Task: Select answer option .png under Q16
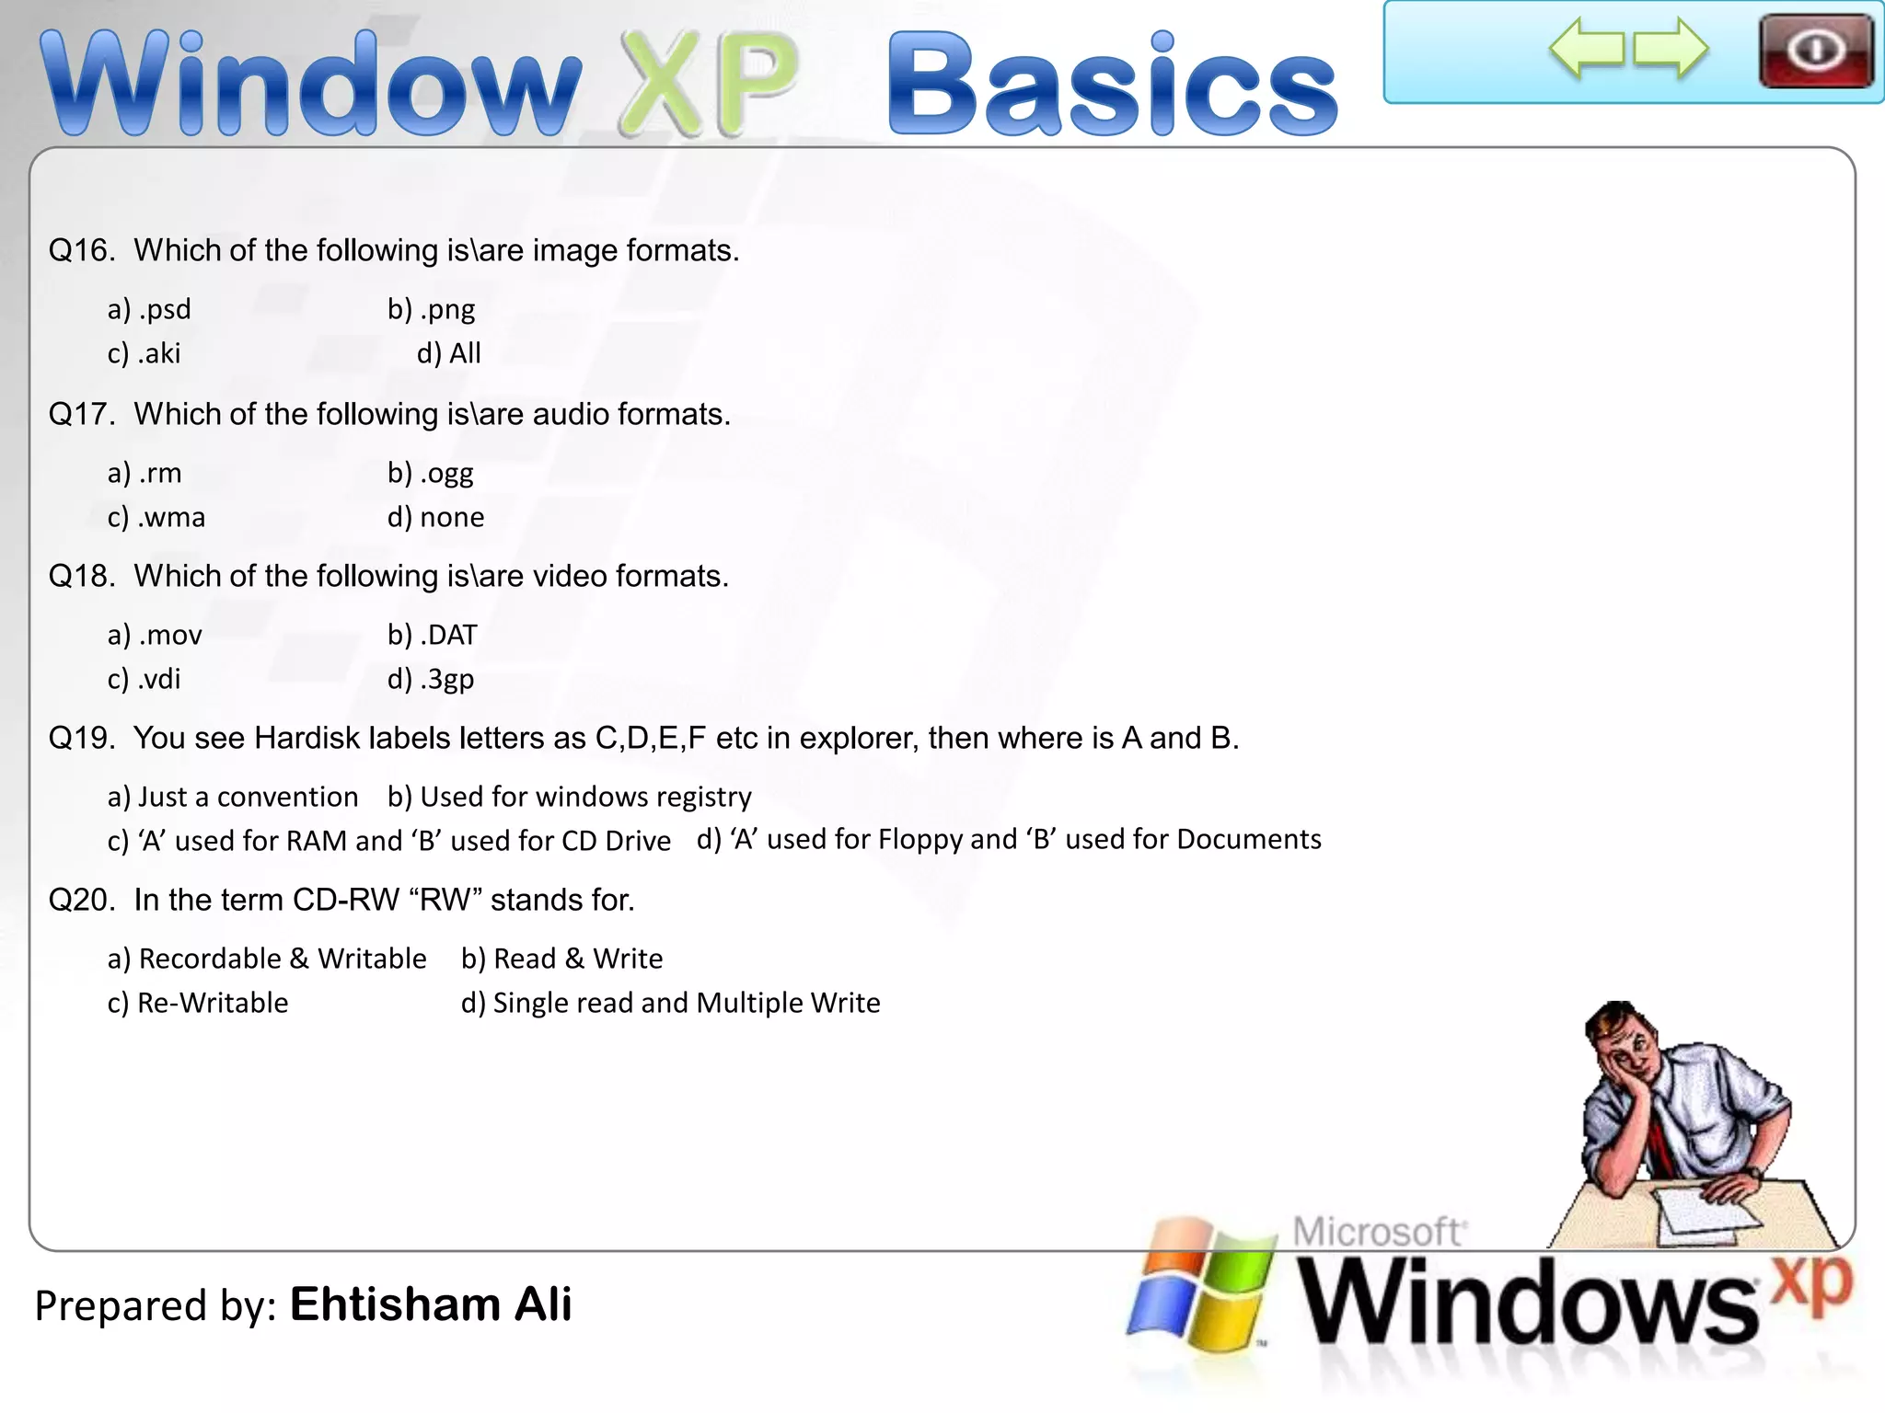pyautogui.click(x=431, y=309)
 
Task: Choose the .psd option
pyautogui.click(x=149, y=309)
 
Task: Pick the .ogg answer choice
pyautogui.click(x=430, y=473)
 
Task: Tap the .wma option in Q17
pyautogui.click(x=156, y=517)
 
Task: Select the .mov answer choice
pyautogui.click(x=155, y=635)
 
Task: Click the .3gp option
pyautogui.click(x=430, y=679)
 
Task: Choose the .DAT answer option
pyautogui.click(x=432, y=635)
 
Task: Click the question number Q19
pyautogui.click(x=81, y=738)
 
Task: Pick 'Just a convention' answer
pyautogui.click(x=233, y=797)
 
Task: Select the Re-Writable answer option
pyautogui.click(x=198, y=1003)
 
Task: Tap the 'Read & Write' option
pyautogui.click(x=561, y=959)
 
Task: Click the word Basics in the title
pyautogui.click(x=1111, y=85)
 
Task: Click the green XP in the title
pyautogui.click(x=707, y=85)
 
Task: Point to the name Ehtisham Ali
pyautogui.click(x=431, y=1304)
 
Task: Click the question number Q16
pyautogui.click(x=81, y=250)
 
